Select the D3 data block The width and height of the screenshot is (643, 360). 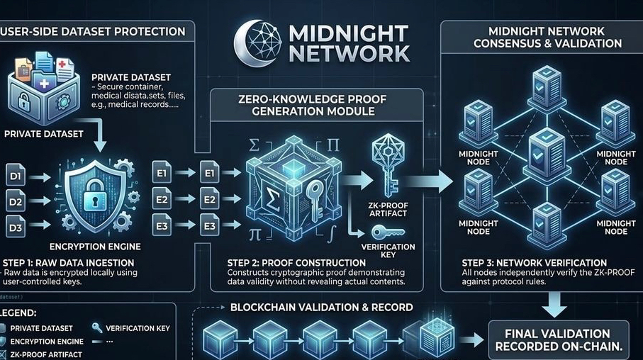(x=16, y=227)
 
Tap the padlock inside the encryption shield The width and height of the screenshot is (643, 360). (x=94, y=196)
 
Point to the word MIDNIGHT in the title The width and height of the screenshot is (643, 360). (x=347, y=34)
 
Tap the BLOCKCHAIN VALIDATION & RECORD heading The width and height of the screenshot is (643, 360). (x=320, y=308)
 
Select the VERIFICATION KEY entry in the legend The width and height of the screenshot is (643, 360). (x=137, y=328)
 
